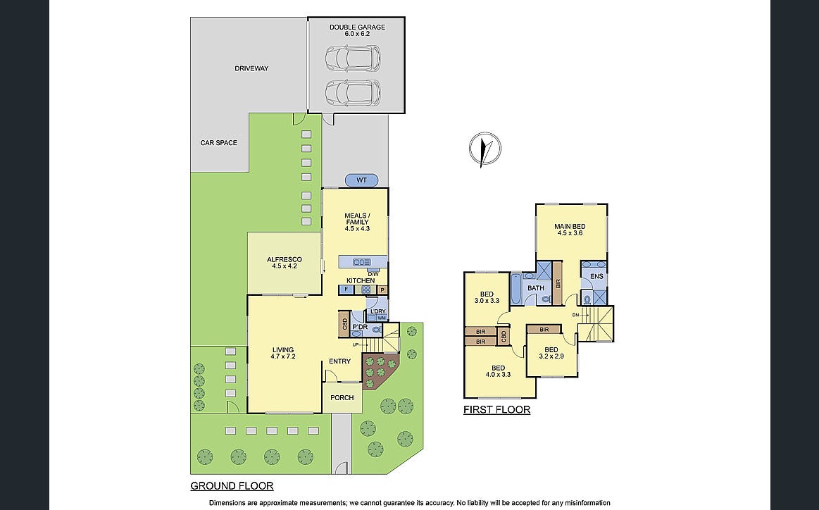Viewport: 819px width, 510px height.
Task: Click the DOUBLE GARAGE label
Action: coord(357,27)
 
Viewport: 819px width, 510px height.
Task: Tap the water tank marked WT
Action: coord(361,180)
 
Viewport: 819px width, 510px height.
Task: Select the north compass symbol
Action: coord(484,148)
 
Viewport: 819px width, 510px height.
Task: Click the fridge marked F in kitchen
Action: coord(346,289)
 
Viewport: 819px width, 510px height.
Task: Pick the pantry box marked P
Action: coord(382,290)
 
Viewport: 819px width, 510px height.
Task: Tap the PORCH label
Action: coord(342,398)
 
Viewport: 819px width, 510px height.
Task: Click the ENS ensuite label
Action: coord(596,276)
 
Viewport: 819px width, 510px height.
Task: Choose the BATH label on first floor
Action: coord(536,288)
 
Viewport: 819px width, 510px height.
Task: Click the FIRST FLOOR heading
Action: coord(496,410)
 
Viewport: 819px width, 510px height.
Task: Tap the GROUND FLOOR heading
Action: coord(232,486)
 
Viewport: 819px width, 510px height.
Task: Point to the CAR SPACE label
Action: coord(219,143)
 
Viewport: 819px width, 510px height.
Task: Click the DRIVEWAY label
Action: coord(251,68)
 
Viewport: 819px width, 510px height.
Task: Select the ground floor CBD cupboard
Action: coord(344,324)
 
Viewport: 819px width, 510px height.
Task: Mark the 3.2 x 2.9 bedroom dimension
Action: coord(551,356)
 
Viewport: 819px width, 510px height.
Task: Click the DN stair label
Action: coord(575,315)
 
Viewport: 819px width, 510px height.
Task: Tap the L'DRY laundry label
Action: coord(377,311)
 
